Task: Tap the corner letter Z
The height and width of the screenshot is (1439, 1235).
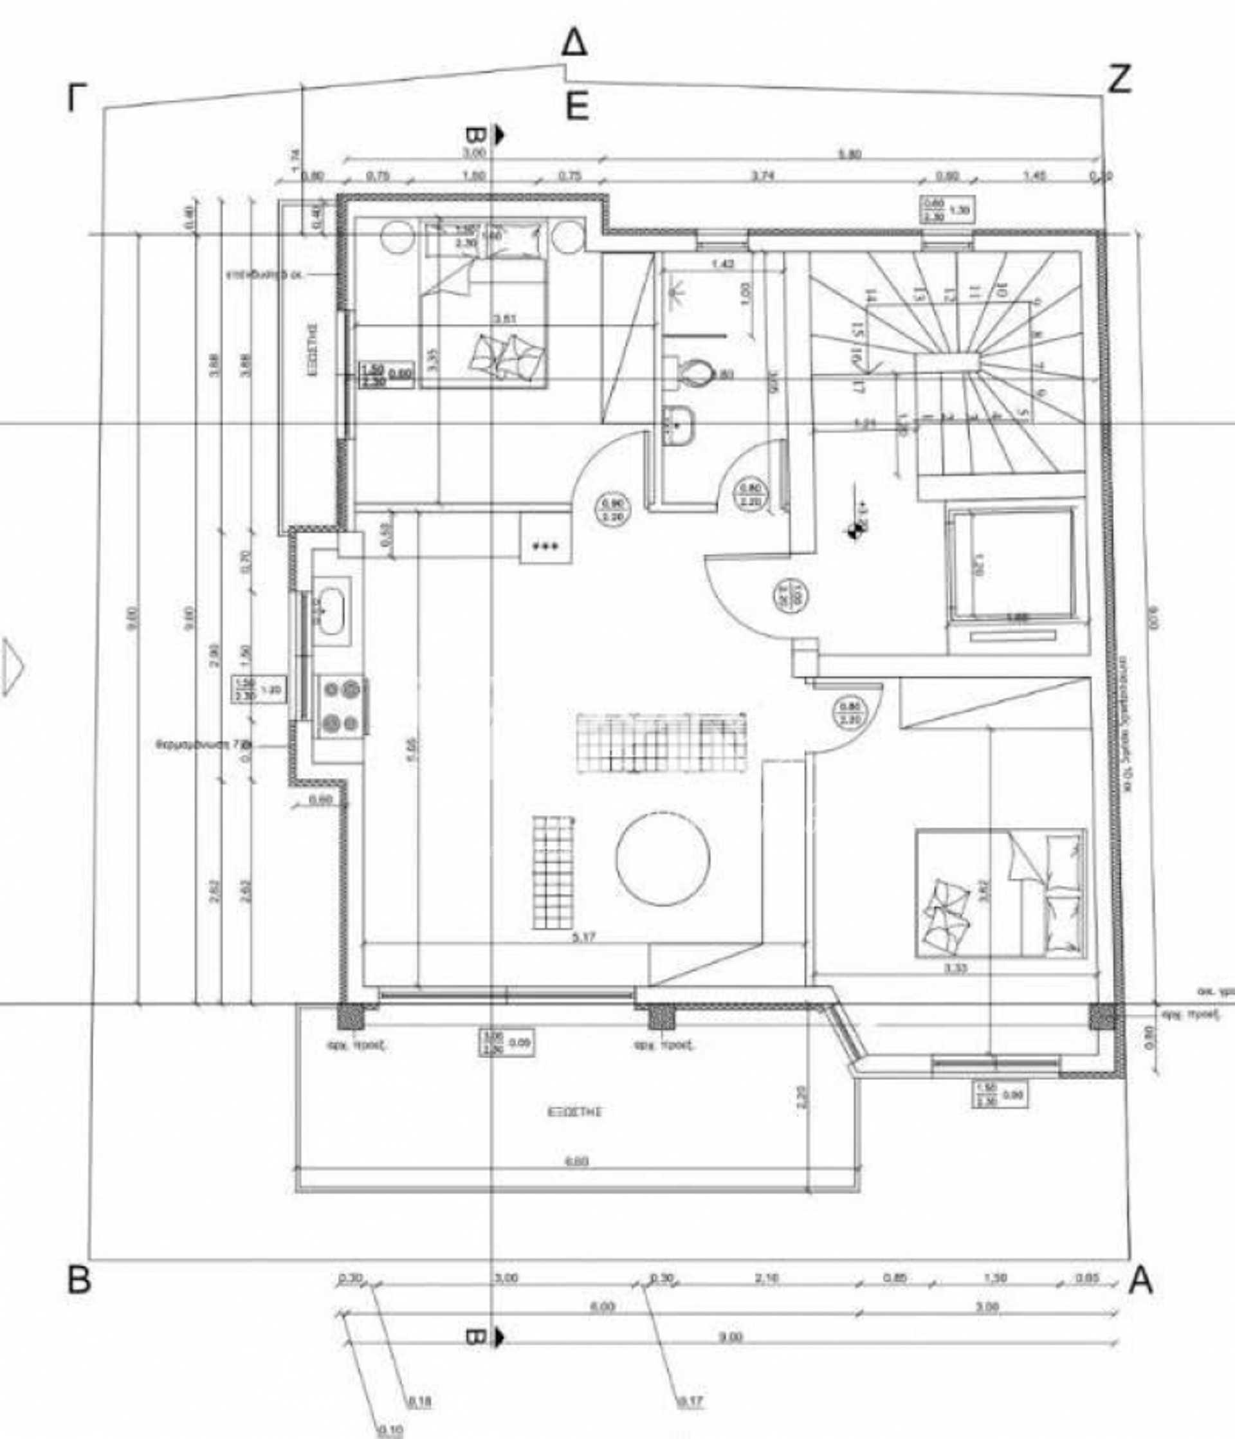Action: [x=1119, y=79]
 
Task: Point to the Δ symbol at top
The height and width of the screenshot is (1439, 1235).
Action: [x=574, y=43]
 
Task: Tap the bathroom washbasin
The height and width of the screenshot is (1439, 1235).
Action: [x=679, y=425]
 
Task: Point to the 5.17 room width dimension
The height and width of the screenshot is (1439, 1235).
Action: [x=583, y=938]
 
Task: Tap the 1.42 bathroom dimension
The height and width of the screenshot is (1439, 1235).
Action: [x=724, y=264]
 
